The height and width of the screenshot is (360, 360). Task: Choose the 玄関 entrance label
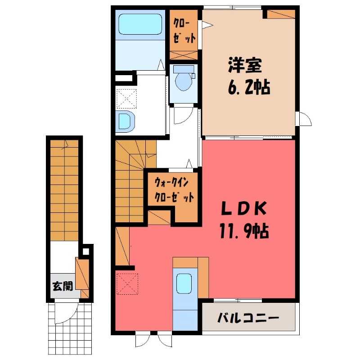tap(62, 286)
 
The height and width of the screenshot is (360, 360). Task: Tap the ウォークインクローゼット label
tap(174, 190)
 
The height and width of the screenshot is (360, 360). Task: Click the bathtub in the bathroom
tap(139, 25)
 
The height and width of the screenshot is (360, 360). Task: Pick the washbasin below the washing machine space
tap(125, 121)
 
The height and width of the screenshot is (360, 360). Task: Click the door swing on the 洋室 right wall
tap(305, 119)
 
